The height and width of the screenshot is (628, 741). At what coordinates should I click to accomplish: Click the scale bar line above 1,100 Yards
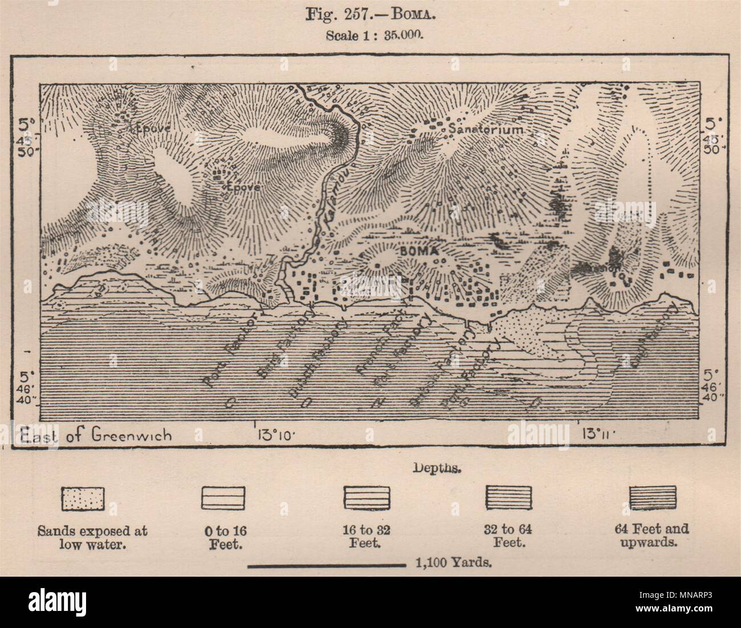click(326, 566)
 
